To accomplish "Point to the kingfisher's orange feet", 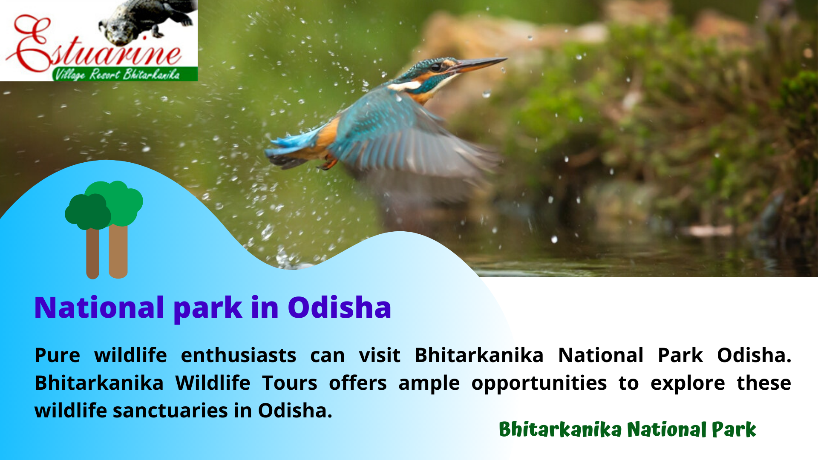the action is pyautogui.click(x=328, y=163).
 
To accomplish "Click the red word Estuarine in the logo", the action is pyautogui.click(x=94, y=47).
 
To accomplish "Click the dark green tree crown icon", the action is pyautogui.click(x=88, y=212).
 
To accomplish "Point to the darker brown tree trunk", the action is pyautogui.click(x=93, y=254).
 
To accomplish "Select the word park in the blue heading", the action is pyautogui.click(x=208, y=308).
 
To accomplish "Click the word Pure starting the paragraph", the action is pyautogui.click(x=58, y=355).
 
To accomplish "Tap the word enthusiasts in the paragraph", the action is pyautogui.click(x=239, y=355).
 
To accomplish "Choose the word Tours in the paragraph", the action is pyautogui.click(x=290, y=383).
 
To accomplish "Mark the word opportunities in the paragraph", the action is pyautogui.click(x=539, y=383).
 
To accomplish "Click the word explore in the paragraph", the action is pyautogui.click(x=688, y=383).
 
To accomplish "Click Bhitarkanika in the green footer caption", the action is pyautogui.click(x=560, y=429).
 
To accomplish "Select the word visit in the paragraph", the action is pyautogui.click(x=380, y=355).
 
